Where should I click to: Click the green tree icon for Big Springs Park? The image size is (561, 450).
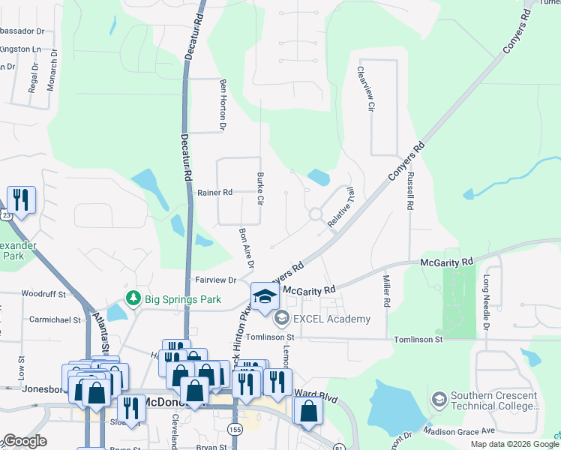pos(134,298)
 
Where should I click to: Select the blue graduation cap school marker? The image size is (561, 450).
pos(265,297)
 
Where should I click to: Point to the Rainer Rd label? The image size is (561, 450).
pos(215,193)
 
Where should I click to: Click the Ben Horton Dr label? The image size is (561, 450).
pos(222,104)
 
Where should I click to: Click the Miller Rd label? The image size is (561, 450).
pos(387,292)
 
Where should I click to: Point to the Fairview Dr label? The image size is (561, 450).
pos(216,280)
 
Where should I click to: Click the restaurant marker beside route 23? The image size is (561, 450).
pos(20,200)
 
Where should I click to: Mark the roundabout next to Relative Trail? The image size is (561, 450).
pos(316,214)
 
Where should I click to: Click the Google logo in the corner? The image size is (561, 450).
pos(25,441)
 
